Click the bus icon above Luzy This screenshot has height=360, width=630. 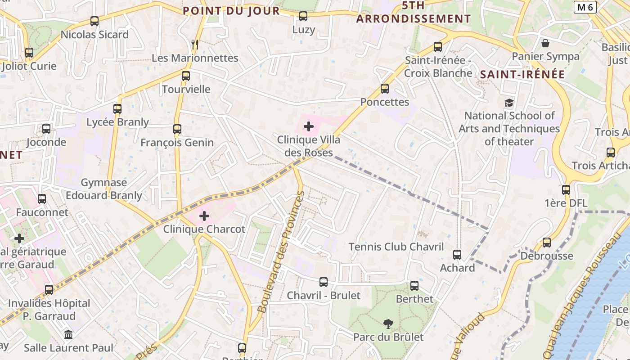[x=303, y=17]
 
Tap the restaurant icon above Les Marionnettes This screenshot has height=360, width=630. [x=195, y=44]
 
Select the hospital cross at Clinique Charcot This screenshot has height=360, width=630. [x=204, y=216]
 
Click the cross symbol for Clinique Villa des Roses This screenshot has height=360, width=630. [x=308, y=126]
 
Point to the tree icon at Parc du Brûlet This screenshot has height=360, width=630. [x=388, y=324]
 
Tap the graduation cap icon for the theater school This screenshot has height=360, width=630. [x=509, y=103]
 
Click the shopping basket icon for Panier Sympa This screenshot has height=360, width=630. [x=545, y=43]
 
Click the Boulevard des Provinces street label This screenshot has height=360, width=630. [x=281, y=252]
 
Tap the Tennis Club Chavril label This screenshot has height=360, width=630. [x=396, y=247]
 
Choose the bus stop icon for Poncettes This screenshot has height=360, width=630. [x=385, y=89]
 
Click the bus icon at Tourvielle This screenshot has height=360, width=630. [x=186, y=76]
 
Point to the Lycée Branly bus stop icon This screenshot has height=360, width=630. [x=117, y=108]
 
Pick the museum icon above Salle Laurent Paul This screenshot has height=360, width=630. [x=68, y=335]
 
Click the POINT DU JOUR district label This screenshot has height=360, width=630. [x=231, y=11]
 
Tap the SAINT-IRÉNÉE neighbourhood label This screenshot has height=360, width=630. [x=522, y=75]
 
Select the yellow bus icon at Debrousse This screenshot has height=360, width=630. [x=547, y=243]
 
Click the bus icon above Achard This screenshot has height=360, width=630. [x=457, y=255]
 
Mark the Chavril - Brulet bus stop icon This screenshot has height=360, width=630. [x=324, y=282]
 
